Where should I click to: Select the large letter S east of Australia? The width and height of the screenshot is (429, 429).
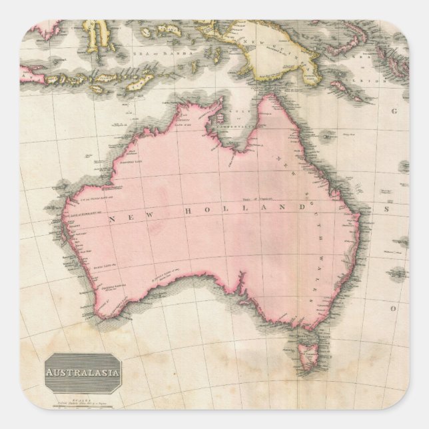pyautogui.click(x=385, y=209)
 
